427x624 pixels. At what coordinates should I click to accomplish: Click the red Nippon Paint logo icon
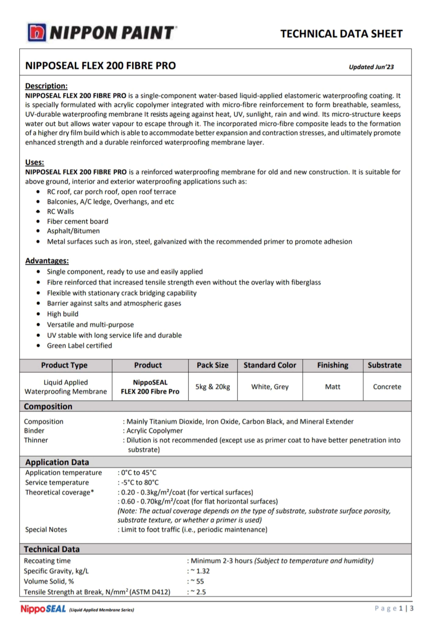click(37, 32)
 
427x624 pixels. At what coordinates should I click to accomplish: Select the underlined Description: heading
click(46, 86)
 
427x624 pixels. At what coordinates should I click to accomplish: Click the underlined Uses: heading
click(35, 162)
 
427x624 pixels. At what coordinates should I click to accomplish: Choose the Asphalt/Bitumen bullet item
click(73, 231)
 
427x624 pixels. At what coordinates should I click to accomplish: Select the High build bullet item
click(63, 314)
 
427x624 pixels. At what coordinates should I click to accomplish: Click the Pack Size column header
click(212, 365)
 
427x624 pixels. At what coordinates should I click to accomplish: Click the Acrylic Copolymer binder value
click(154, 431)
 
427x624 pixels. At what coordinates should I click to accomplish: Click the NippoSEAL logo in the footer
click(43, 609)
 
